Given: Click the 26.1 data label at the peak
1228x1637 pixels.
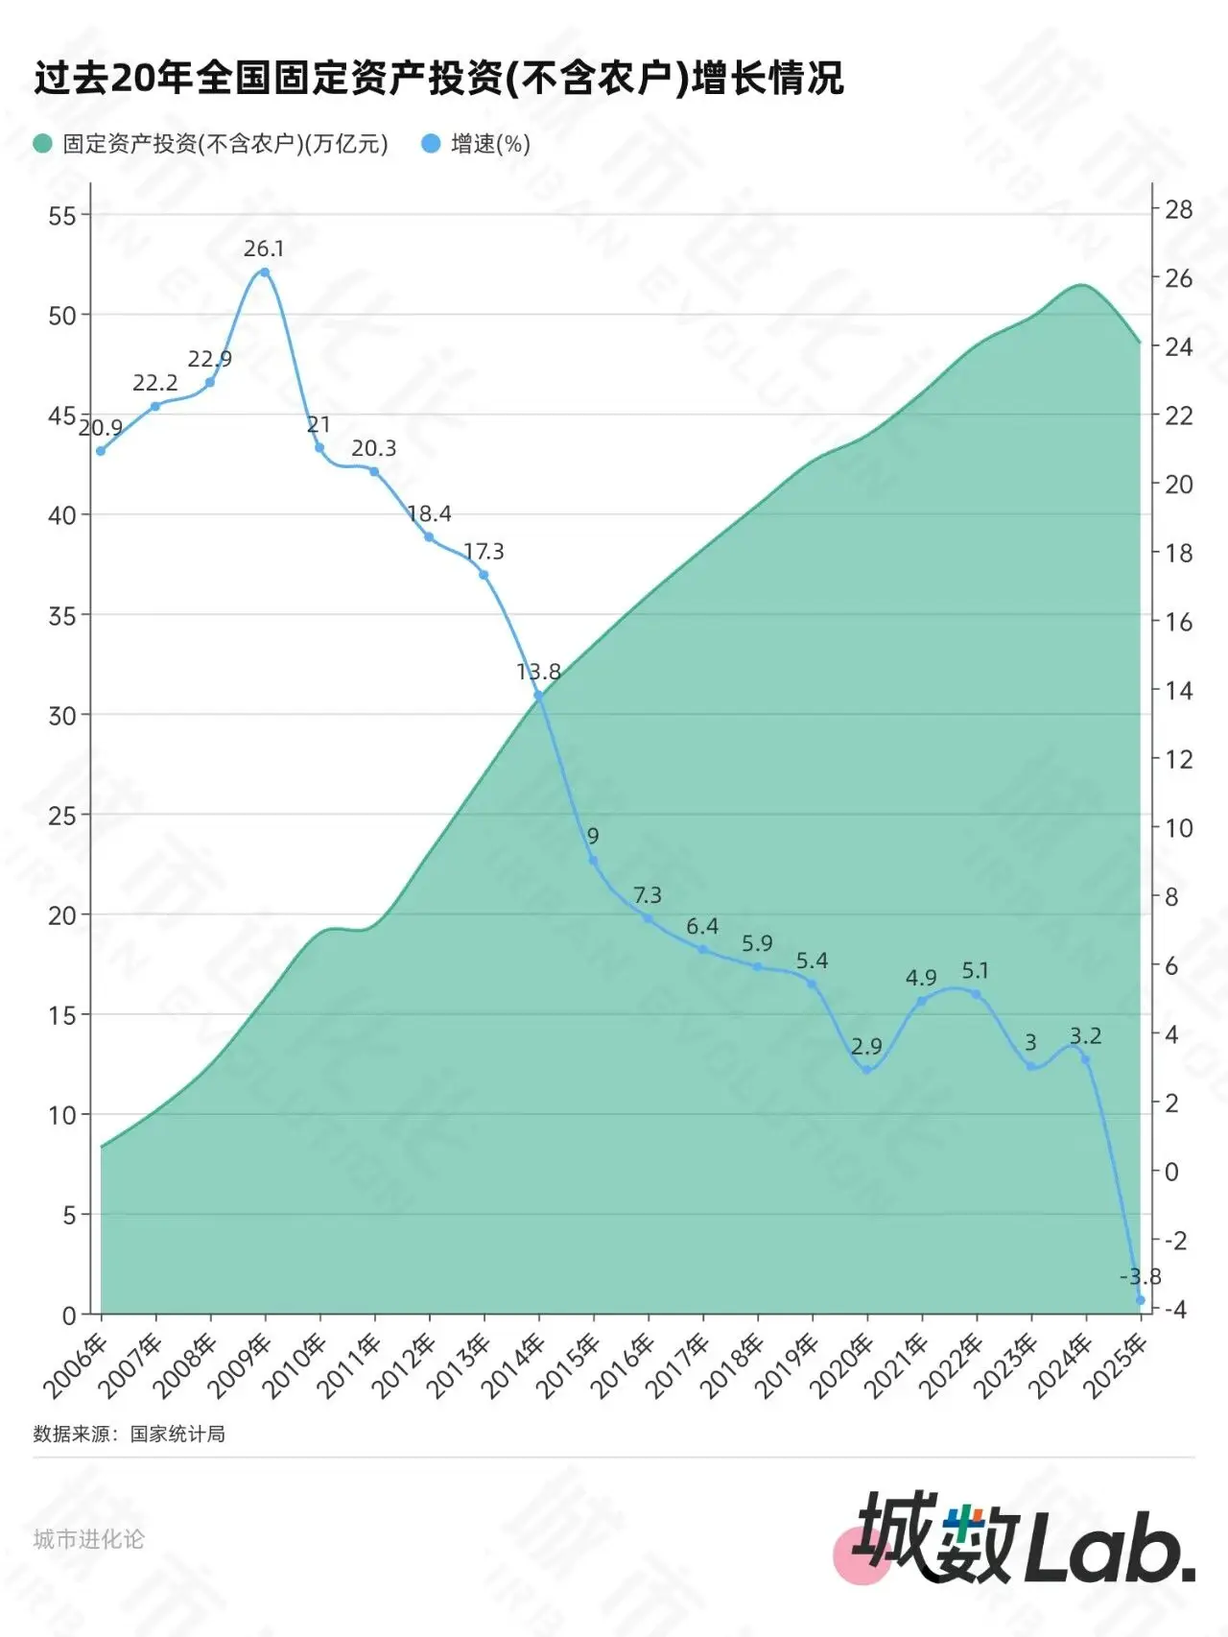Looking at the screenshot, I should (264, 249).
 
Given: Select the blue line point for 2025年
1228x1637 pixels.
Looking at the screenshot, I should (1140, 1300).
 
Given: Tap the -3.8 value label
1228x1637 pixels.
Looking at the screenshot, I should (1140, 1277).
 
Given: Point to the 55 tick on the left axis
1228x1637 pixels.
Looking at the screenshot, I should (62, 216).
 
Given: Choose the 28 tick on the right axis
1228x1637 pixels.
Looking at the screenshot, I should (1178, 209).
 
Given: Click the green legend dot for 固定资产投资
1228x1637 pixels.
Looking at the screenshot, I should (42, 144).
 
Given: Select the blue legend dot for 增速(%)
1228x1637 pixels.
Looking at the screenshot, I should (431, 144).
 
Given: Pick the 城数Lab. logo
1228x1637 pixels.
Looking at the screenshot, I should (1022, 1551).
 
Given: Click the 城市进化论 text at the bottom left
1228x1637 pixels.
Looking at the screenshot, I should (88, 1539).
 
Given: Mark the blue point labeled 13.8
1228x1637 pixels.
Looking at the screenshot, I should (538, 697).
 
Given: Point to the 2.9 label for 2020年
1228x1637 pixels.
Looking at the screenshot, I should (866, 1047).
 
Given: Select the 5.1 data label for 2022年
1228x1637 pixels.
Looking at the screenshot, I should (975, 971).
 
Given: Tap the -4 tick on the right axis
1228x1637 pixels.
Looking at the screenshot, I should (1174, 1310).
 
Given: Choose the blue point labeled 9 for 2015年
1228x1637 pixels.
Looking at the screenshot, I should (593, 861).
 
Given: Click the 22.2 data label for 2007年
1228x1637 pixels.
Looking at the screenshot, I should (155, 384).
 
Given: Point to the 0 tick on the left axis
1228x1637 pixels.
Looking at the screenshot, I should (69, 1316).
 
